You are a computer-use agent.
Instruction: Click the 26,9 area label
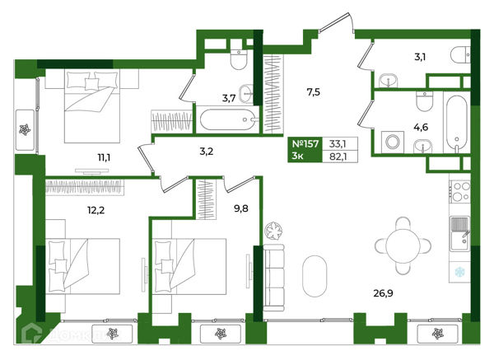[383, 293]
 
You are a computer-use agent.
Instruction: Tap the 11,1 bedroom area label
[104, 157]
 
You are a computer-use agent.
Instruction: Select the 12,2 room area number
[96, 210]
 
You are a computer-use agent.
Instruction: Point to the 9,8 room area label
[241, 208]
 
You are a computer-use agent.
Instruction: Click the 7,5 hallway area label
[314, 92]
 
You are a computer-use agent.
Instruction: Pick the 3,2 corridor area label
[207, 152]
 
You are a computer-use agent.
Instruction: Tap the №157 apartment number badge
[305, 144]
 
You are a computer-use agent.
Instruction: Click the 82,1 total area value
[338, 157]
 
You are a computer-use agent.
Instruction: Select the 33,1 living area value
[338, 144]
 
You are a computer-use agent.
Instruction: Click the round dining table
[403, 245]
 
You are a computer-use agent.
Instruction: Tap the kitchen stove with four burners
[459, 192]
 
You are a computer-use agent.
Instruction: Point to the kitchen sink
[460, 234]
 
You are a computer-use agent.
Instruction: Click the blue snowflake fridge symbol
[460, 271]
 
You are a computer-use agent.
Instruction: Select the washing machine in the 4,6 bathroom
[393, 143]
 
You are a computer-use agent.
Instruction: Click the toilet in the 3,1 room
[460, 55]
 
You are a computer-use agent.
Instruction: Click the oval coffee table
[315, 276]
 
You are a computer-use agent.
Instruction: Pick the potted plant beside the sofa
[273, 231]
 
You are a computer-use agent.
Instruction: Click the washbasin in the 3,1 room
[388, 81]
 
